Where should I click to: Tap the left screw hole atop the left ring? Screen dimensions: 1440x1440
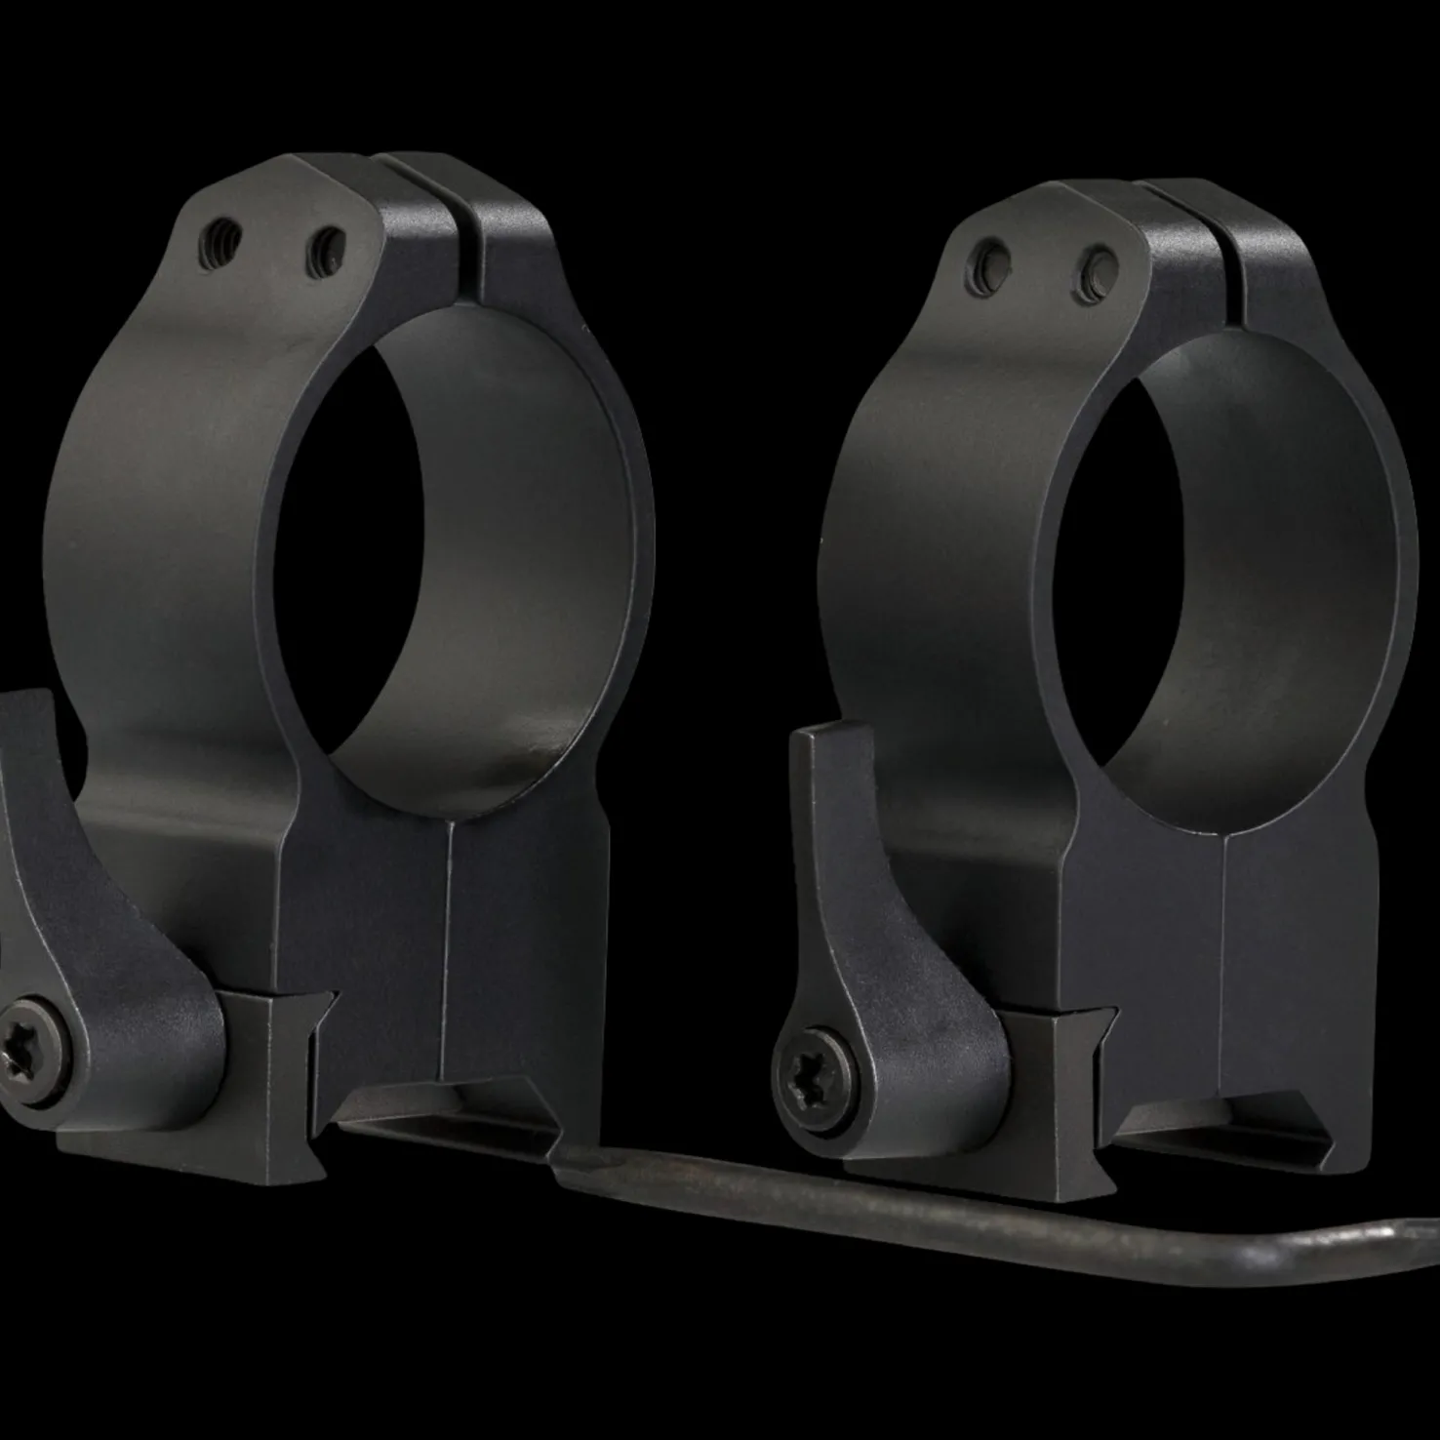click(219, 235)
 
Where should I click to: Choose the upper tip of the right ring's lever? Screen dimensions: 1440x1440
click(829, 741)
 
